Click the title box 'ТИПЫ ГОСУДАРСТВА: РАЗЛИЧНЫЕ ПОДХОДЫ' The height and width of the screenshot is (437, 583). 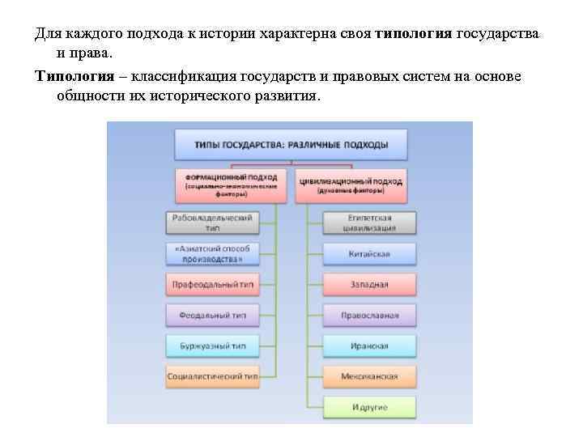(291, 145)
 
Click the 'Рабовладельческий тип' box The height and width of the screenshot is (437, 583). (212, 223)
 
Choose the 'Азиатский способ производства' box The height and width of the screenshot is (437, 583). (212, 253)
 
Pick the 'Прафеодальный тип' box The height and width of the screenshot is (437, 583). (212, 285)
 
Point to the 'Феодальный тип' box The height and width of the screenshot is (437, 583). (212, 315)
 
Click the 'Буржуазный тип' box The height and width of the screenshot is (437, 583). (212, 346)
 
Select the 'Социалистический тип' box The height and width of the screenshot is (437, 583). (212, 376)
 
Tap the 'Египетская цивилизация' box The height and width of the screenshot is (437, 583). (369, 223)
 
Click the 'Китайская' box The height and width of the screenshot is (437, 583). (369, 254)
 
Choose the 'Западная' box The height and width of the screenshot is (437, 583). (369, 285)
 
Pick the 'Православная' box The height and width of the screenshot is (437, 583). (369, 315)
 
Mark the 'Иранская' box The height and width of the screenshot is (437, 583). (369, 346)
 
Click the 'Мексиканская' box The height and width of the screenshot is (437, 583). (369, 376)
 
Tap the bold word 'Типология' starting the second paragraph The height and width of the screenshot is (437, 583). (69, 76)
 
